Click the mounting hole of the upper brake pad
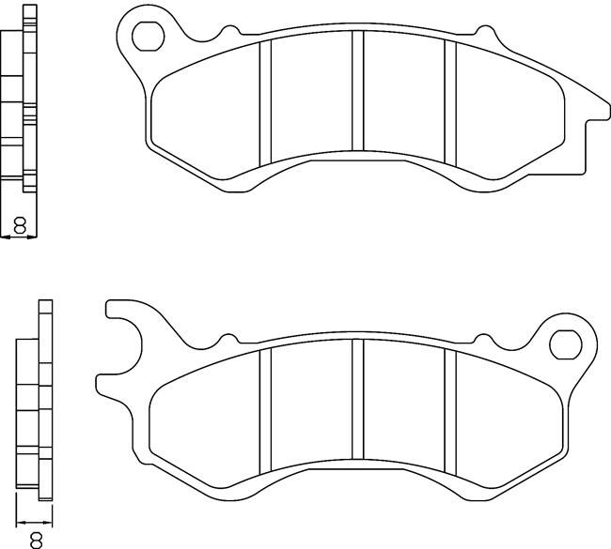coord(147,35)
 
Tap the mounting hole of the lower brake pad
coord(566,343)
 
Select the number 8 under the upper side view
coord(19,225)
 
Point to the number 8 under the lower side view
coord(37,539)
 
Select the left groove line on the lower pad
coord(265,409)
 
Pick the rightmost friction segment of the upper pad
coord(508,117)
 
